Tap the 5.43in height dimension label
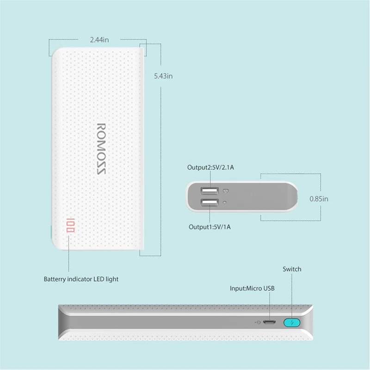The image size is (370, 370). [163, 76]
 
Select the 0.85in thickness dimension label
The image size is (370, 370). [318, 199]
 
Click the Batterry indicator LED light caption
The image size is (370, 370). [81, 279]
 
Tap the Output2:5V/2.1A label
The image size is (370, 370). [210, 167]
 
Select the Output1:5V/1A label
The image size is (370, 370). [209, 227]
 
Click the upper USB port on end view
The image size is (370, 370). [209, 191]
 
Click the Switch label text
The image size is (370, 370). [292, 269]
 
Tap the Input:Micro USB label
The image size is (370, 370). [252, 289]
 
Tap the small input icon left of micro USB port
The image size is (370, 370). [258, 322]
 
